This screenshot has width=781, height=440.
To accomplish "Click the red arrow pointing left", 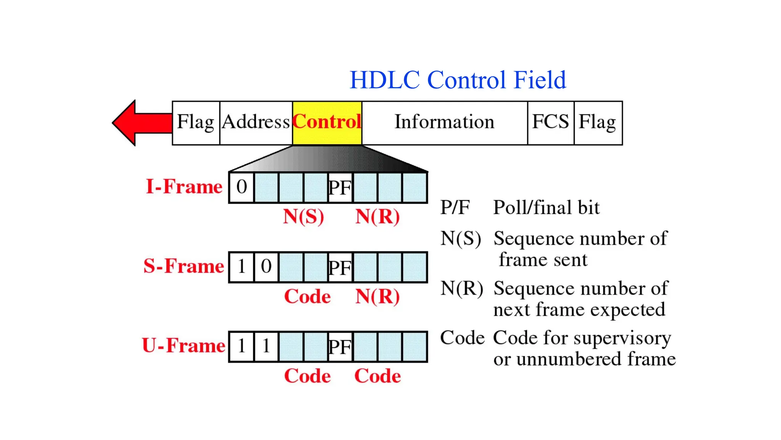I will [141, 123].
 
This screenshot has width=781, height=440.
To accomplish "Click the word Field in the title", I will [540, 80].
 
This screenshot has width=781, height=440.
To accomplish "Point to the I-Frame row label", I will [184, 187].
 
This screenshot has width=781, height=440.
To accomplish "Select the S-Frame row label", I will [183, 266].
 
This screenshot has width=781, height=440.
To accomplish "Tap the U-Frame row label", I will [183, 346].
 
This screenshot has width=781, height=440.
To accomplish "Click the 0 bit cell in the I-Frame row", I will [241, 188].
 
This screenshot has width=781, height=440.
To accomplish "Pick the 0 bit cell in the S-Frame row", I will [266, 267].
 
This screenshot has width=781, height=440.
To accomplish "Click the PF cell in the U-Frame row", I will [340, 347].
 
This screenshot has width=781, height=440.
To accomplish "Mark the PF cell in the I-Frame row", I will [340, 188].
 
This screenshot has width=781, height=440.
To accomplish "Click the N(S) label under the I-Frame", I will [304, 217].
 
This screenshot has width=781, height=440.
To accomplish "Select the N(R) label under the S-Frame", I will [378, 296].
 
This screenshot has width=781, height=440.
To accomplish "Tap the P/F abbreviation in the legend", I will [455, 208].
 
